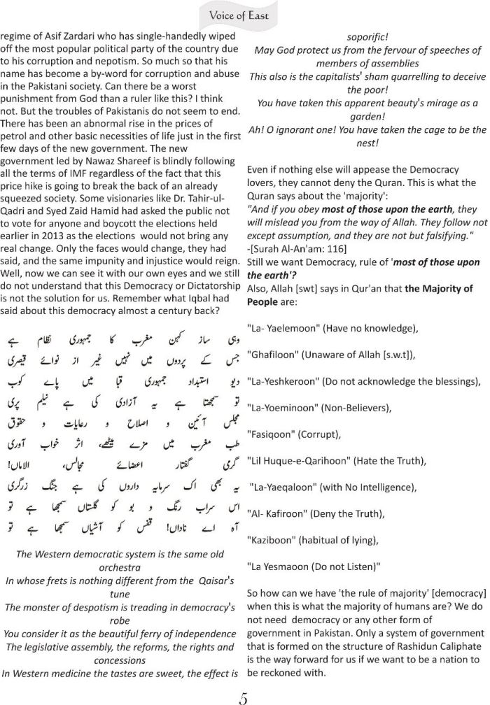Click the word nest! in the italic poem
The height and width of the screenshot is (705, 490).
(368, 143)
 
